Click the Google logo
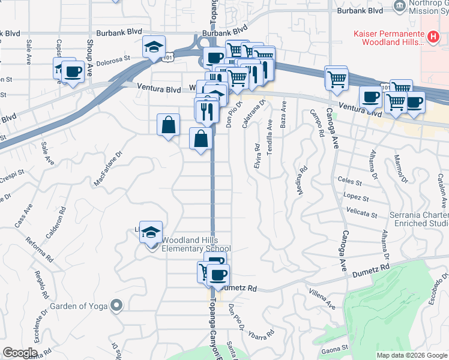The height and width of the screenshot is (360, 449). (20, 353)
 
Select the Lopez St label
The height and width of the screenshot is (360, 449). (356, 197)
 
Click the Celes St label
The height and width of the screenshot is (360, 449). (349, 180)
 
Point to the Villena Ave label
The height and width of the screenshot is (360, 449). (322, 296)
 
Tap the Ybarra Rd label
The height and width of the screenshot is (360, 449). (261, 332)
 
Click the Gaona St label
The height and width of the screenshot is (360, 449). (334, 349)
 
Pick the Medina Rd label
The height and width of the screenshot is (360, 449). (301, 181)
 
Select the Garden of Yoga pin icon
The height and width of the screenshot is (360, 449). (116, 306)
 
